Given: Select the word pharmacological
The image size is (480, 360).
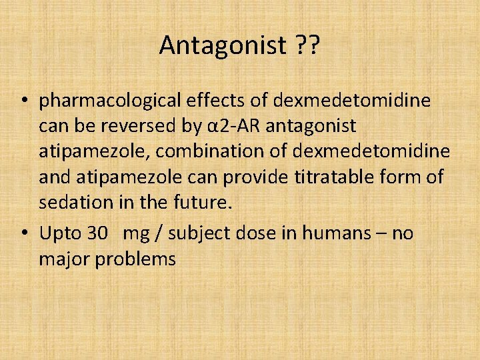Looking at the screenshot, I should (110, 101).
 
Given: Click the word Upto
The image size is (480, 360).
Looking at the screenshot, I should (60, 233).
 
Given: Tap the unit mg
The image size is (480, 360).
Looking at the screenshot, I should (137, 235).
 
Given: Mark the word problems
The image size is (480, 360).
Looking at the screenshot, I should (135, 259).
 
